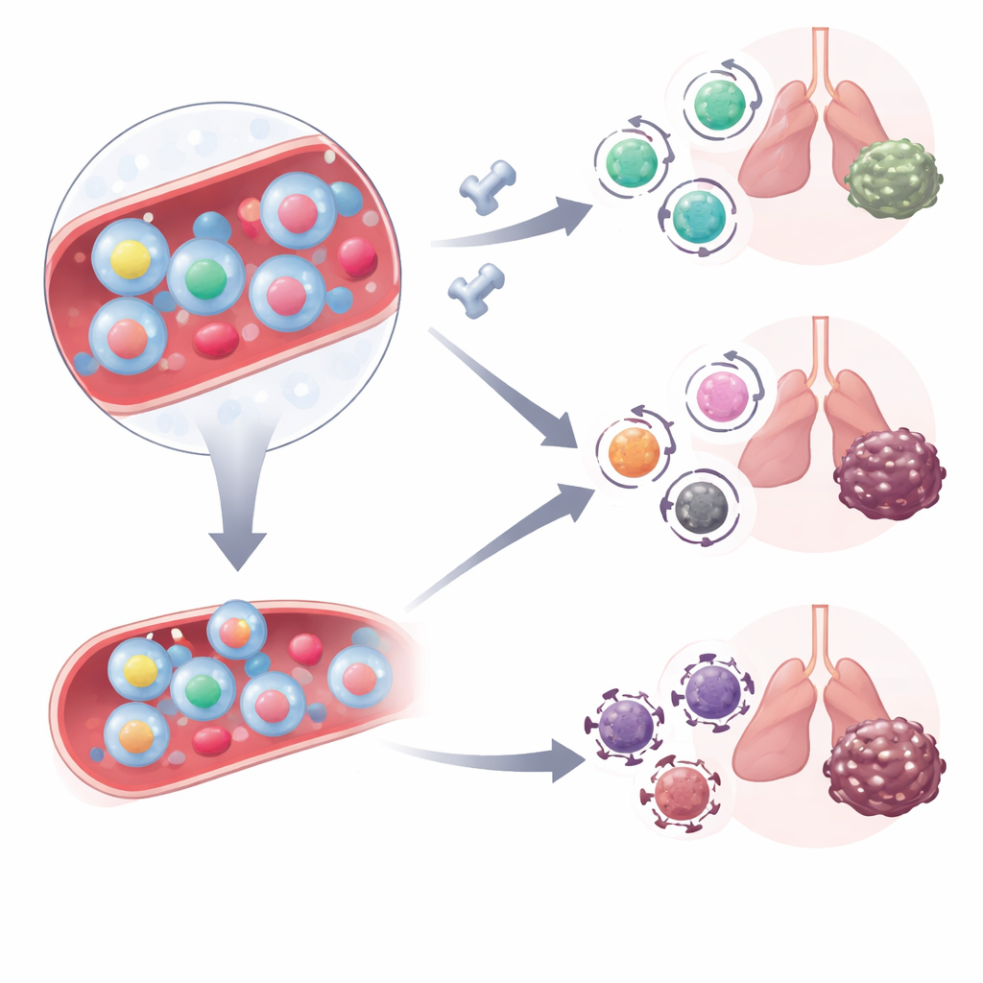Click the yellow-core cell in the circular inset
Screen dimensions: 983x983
click(131, 257)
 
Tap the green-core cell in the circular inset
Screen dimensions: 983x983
click(204, 278)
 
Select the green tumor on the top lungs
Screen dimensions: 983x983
click(893, 179)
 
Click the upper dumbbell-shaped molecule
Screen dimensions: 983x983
click(488, 186)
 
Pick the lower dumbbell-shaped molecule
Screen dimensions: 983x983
click(476, 290)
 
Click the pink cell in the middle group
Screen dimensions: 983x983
click(723, 396)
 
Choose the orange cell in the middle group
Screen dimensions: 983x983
click(635, 452)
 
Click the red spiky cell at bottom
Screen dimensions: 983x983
click(683, 791)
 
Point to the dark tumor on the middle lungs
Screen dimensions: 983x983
click(889, 474)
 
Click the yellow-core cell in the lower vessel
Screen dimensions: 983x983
click(140, 670)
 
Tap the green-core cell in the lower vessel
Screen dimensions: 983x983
click(203, 688)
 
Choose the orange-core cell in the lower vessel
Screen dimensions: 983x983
click(136, 734)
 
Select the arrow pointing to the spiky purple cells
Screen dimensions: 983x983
click(499, 757)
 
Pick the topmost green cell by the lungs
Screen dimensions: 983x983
click(720, 104)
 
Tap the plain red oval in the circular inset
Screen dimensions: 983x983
click(216, 339)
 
